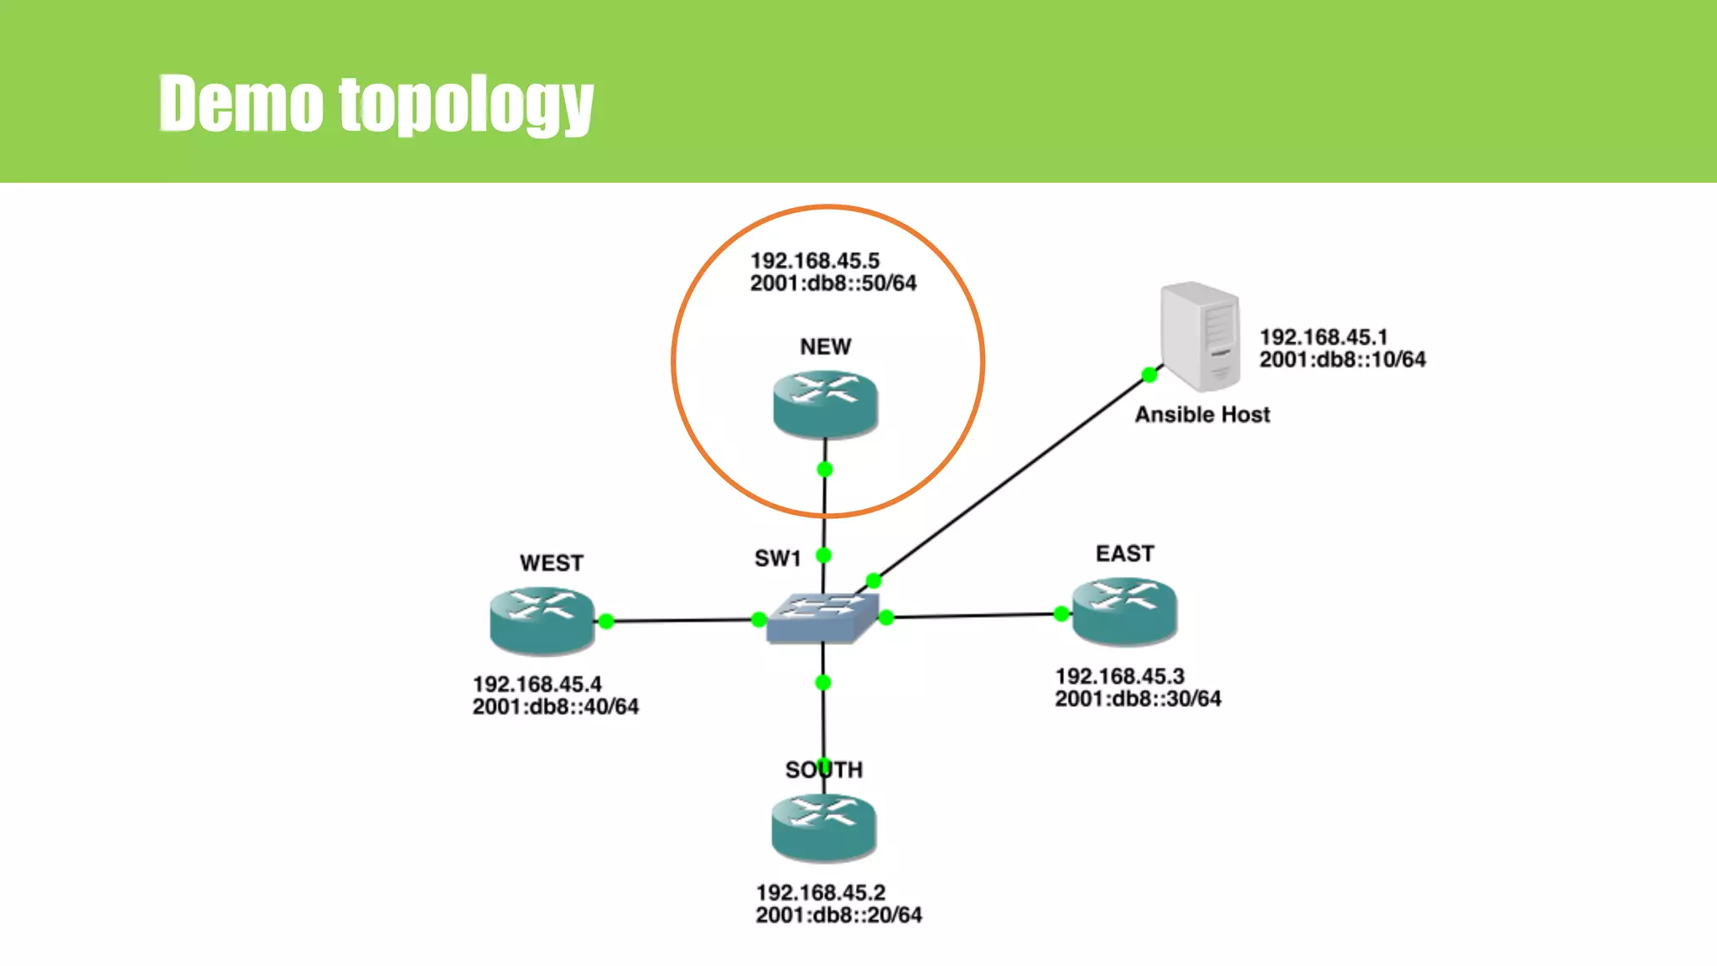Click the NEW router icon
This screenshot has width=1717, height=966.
coord(825,404)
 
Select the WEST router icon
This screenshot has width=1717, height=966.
coord(542,621)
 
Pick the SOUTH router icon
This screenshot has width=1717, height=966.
coord(823,828)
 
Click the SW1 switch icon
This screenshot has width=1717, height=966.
coord(822,619)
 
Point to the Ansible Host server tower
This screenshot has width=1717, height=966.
coord(1200,336)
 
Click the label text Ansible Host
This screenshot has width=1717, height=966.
coord(1202,414)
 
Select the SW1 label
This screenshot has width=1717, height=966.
coord(777,558)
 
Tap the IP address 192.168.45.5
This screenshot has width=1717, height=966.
coord(814,261)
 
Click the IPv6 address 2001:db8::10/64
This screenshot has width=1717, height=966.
coord(1342,360)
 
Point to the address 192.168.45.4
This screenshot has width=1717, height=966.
coord(537,684)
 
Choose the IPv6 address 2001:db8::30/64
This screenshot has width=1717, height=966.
coord(1138,699)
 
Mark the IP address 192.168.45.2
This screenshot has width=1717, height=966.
coord(820,892)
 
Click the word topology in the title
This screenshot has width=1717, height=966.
coord(466,104)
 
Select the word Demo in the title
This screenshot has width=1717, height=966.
coord(241,104)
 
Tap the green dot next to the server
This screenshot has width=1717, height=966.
coord(1149,375)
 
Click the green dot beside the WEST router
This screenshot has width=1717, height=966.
coord(606,621)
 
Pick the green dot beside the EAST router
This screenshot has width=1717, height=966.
coord(1061,614)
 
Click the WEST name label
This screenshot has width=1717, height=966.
coord(551,563)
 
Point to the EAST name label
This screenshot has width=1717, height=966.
coord(1124,553)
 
